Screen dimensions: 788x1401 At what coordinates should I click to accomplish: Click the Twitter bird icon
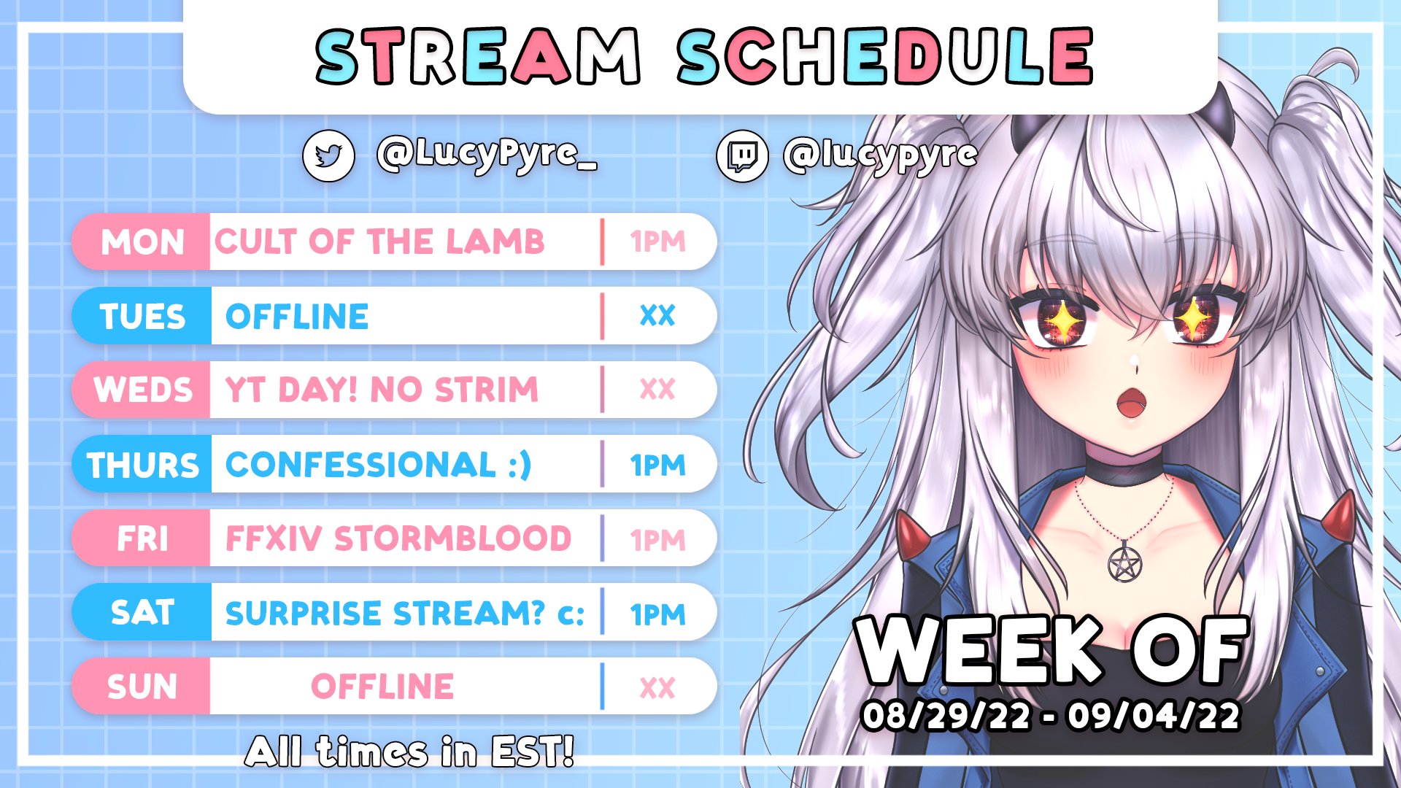[x=328, y=155]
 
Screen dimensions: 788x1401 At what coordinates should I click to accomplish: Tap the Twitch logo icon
[x=742, y=155]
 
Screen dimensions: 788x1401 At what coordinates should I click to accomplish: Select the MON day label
[x=142, y=242]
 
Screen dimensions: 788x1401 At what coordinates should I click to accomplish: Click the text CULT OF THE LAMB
[x=379, y=242]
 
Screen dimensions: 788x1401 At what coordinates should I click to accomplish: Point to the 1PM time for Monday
[x=657, y=242]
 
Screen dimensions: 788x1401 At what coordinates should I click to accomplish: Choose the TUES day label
[x=142, y=317]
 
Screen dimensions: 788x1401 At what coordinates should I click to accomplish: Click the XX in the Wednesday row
[x=657, y=390]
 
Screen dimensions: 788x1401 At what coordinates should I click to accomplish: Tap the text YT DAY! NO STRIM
[x=382, y=390]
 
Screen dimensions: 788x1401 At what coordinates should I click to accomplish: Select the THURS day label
[x=142, y=466]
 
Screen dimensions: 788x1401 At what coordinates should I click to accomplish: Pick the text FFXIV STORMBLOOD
[x=398, y=539]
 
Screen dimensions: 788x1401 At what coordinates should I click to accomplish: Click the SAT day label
[x=142, y=613]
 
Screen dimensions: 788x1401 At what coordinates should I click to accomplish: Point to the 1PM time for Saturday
[x=657, y=614]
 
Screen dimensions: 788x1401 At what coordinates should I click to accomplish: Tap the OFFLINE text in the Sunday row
[x=382, y=687]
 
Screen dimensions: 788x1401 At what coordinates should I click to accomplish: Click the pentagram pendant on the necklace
[x=1124, y=564]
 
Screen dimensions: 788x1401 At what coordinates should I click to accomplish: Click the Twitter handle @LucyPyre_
[x=487, y=155]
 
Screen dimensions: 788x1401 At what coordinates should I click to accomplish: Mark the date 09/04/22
[x=1154, y=716]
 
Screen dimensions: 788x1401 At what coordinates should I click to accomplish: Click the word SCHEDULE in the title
[x=884, y=57]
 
